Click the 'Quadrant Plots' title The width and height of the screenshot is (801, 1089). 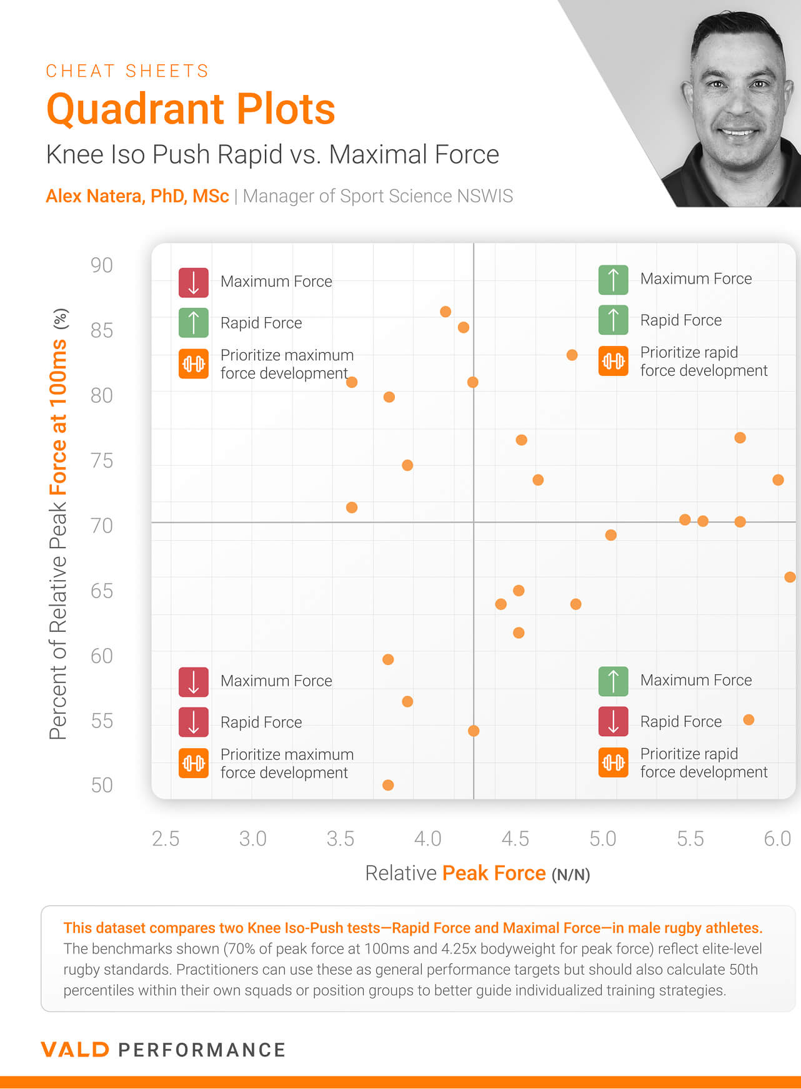(191, 109)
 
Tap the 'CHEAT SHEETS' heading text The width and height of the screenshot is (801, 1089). (127, 71)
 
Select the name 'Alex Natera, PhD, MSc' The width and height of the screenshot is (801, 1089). (137, 196)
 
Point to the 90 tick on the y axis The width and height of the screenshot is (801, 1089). (102, 265)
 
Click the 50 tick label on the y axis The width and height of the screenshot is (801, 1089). (102, 785)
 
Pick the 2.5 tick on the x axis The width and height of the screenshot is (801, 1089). (166, 839)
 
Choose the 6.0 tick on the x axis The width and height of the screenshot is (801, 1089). (777, 839)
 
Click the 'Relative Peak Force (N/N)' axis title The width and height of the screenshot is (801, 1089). (477, 873)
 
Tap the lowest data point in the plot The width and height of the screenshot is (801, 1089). (388, 785)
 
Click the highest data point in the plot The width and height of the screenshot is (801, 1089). (445, 312)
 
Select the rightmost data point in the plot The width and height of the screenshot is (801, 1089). (790, 577)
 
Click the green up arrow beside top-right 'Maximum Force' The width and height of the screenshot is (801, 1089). (613, 279)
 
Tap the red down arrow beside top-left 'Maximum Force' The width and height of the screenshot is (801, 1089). (194, 282)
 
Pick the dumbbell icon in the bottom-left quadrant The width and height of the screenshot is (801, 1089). (194, 763)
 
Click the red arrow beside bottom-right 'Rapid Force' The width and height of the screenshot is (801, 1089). (613, 721)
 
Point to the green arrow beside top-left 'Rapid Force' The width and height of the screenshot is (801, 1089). (194, 323)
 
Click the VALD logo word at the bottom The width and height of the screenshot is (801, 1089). (75, 1050)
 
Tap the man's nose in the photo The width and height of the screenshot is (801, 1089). (739, 103)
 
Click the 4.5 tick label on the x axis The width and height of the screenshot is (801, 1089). (515, 839)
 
